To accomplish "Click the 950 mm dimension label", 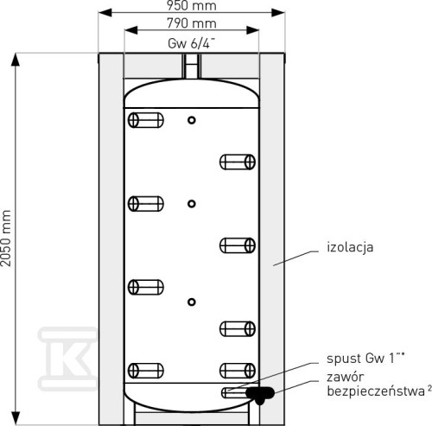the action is click(192, 5).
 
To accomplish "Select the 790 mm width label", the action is click(192, 23).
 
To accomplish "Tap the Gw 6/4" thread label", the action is click(191, 43).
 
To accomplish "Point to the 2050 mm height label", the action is click(6, 238).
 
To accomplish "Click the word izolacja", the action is click(350, 247).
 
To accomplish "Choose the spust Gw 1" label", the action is click(365, 359).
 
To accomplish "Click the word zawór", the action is click(346, 377).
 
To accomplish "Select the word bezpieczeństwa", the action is click(376, 391).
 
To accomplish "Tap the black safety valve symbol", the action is click(260, 394).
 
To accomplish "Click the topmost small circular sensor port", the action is click(192, 120).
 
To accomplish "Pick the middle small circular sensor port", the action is click(192, 204).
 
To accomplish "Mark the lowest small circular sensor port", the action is click(192, 302).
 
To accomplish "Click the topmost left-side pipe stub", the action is click(146, 120).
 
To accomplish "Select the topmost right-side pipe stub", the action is click(238, 162).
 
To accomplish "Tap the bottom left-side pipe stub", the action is click(146, 371).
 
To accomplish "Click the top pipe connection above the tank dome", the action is click(192, 67).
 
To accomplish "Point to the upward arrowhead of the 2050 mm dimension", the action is click(16, 60).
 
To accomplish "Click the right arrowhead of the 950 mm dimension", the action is click(278, 13).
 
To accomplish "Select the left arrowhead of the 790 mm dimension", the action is click(131, 30).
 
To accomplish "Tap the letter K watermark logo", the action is click(68, 359).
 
